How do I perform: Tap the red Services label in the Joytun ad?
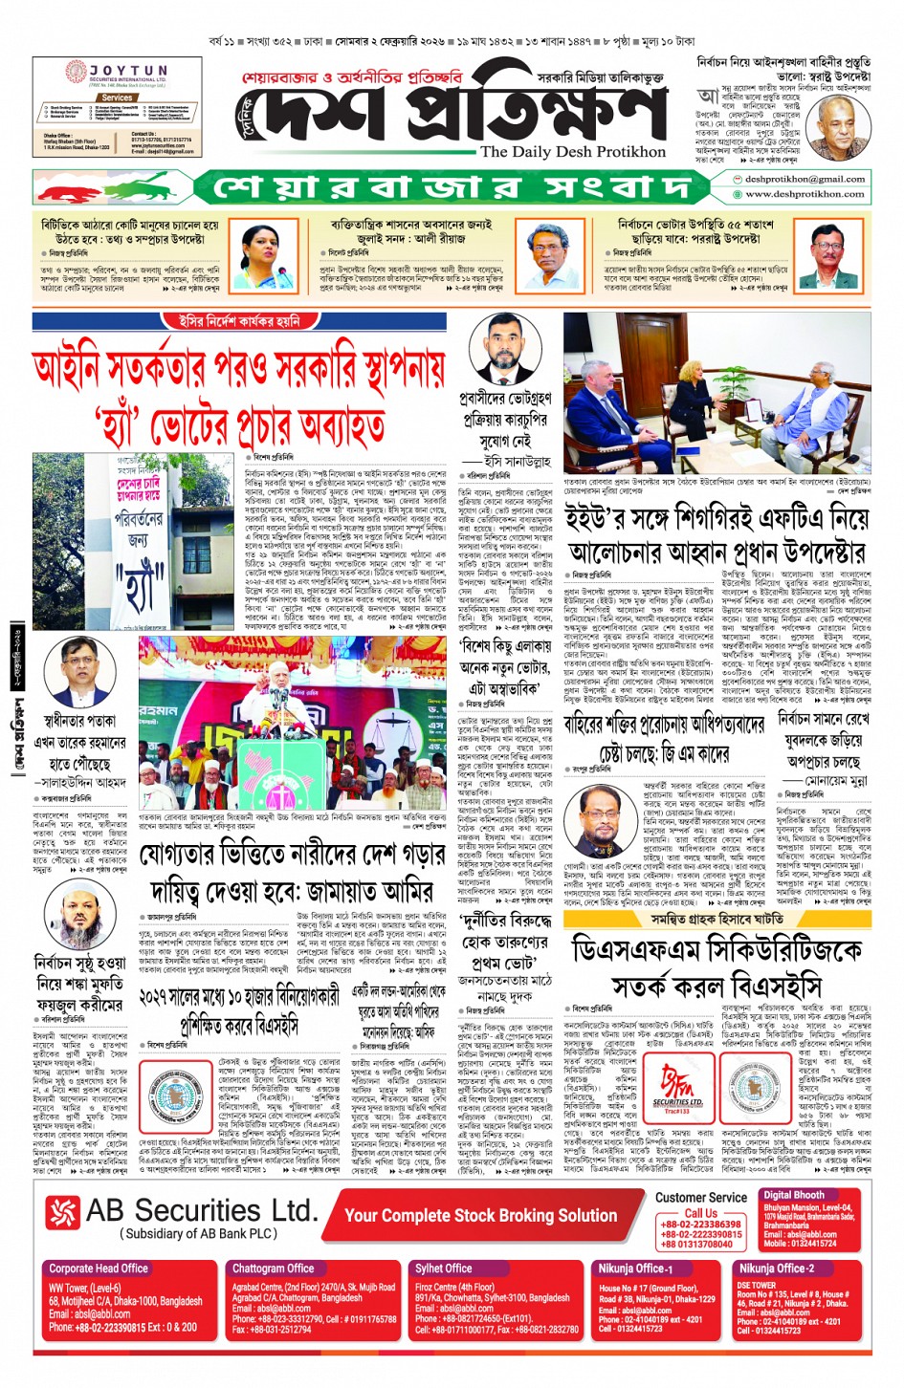click(x=117, y=98)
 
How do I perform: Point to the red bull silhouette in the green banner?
click(x=72, y=186)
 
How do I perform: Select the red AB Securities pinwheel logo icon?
click(x=63, y=1211)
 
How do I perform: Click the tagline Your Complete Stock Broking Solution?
click(x=480, y=1215)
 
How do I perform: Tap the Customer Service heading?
click(x=700, y=1197)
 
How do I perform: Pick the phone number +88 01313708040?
click(x=696, y=1245)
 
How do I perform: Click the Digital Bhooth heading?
click(x=793, y=1195)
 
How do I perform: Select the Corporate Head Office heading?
click(x=99, y=1269)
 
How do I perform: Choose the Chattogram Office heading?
click(x=273, y=1269)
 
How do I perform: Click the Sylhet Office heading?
click(x=443, y=1269)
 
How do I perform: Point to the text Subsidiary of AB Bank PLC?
click(x=199, y=1234)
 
